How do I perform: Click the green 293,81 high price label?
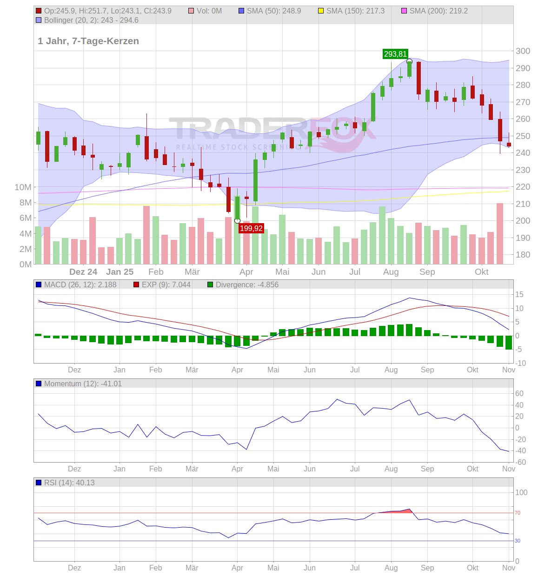[x=395, y=54]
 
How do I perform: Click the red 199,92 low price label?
[x=251, y=228]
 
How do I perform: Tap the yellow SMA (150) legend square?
[x=320, y=11]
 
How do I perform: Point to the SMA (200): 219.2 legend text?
[x=438, y=11]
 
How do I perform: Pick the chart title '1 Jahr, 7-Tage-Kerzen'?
[x=88, y=41]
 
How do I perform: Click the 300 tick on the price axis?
[x=523, y=51]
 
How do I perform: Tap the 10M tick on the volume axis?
[x=23, y=187]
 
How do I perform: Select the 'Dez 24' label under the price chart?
[x=83, y=272]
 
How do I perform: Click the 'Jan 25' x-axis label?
[x=120, y=272]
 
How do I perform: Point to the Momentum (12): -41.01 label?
[x=82, y=384]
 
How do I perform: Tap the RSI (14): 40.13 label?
[x=69, y=483]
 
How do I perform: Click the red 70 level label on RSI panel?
[x=518, y=513]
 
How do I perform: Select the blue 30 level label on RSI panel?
[x=518, y=541]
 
